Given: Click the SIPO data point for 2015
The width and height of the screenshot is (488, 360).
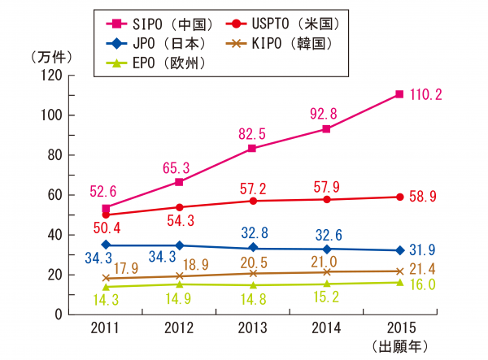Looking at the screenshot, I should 399,94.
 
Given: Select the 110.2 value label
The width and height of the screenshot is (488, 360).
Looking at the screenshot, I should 427,95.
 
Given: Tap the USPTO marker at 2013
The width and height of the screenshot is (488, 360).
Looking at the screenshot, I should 252,201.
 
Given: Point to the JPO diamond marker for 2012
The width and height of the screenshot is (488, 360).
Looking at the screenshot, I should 180,245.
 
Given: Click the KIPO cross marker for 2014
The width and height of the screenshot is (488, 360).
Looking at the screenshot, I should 326,272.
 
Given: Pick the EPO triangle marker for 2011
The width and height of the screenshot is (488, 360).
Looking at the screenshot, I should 107,286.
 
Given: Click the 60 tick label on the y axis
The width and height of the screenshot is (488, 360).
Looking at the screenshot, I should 55,195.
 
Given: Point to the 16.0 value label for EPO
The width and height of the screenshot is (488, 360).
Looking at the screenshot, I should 424,284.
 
